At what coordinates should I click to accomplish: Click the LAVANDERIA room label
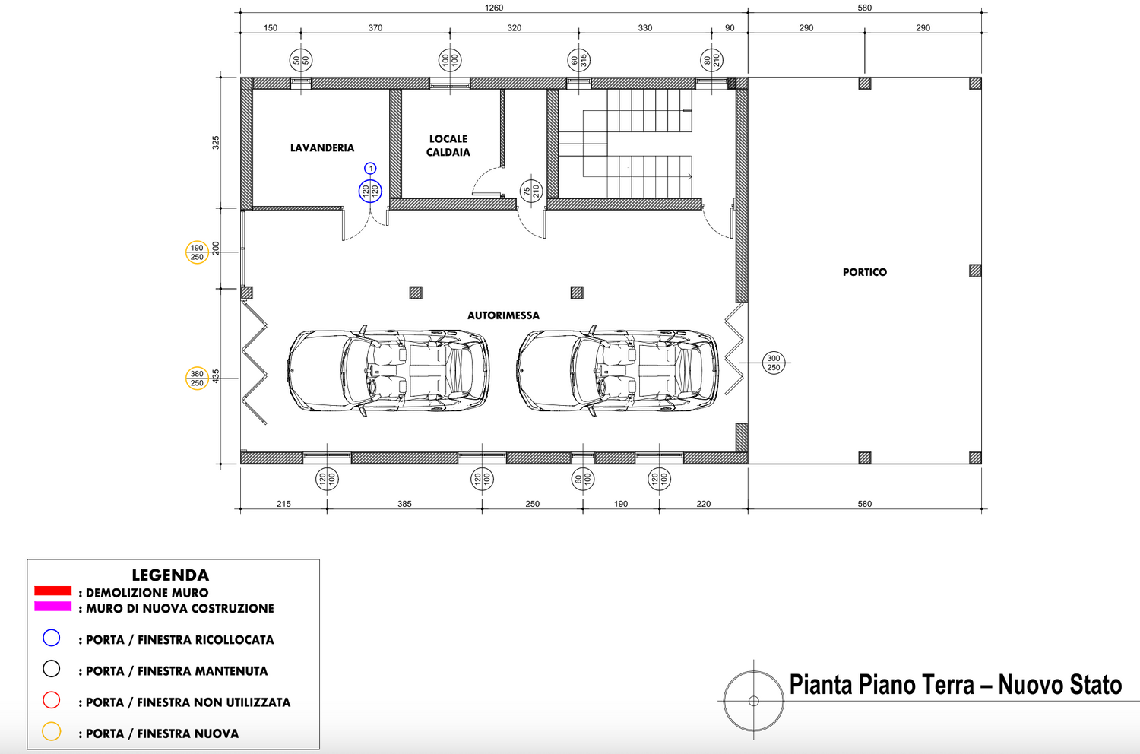pyautogui.click(x=321, y=147)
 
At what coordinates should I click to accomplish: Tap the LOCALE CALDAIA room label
pyautogui.click(x=448, y=145)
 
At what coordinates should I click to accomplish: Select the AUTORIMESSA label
pyautogui.click(x=503, y=315)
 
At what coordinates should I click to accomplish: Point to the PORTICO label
pyautogui.click(x=865, y=272)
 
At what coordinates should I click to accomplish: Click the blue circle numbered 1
pyautogui.click(x=371, y=168)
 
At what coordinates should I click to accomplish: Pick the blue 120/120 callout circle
pyautogui.click(x=371, y=191)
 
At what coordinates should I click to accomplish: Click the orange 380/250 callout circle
pyautogui.click(x=197, y=379)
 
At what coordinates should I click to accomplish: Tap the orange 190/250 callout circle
pyautogui.click(x=197, y=252)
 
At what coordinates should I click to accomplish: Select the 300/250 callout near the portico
pyautogui.click(x=774, y=363)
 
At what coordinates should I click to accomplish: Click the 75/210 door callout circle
pyautogui.click(x=531, y=191)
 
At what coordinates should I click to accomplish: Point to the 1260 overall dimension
pyautogui.click(x=494, y=8)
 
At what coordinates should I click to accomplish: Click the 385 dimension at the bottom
pyautogui.click(x=404, y=504)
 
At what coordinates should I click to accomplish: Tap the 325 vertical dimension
pyautogui.click(x=216, y=143)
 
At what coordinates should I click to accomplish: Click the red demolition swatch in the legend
pyautogui.click(x=53, y=591)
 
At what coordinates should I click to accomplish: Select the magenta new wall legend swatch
pyautogui.click(x=53, y=607)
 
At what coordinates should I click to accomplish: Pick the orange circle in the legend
pyautogui.click(x=52, y=732)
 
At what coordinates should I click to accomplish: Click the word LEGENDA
pyautogui.click(x=170, y=575)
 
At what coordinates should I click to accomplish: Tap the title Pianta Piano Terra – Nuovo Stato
pyautogui.click(x=955, y=685)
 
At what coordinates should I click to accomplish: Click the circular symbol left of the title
pyautogui.click(x=754, y=701)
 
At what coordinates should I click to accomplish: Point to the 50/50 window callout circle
pyautogui.click(x=301, y=60)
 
